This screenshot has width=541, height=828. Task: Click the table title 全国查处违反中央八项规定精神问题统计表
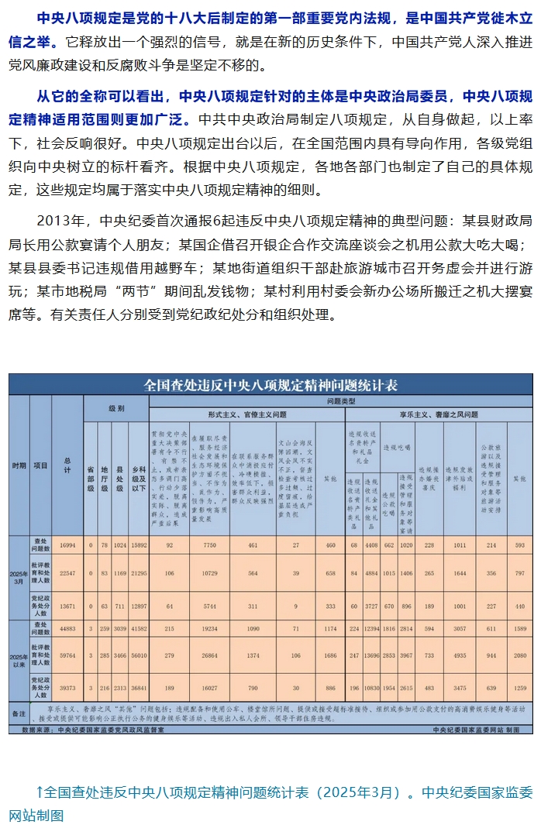coord(270,385)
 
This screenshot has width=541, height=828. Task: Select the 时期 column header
coord(19,466)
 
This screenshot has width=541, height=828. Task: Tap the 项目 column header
coord(41,466)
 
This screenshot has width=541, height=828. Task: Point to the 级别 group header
coord(116,408)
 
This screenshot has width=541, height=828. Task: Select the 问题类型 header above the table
coord(341,401)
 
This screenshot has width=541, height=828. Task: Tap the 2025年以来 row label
coord(19,663)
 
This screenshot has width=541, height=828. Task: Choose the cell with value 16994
coord(67,545)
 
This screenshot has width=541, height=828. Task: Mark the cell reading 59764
coord(67,655)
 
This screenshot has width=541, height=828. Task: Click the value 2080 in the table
coord(519,655)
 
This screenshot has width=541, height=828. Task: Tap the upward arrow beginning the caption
coord(40,792)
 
